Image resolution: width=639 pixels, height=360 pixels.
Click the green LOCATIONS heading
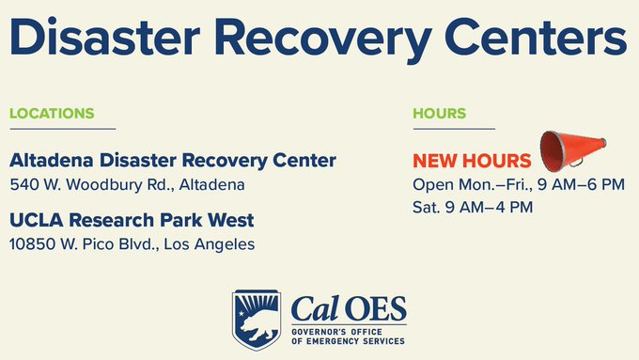(52, 114)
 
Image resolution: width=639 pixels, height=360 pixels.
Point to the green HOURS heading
(439, 114)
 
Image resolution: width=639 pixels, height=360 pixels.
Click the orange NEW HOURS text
(472, 161)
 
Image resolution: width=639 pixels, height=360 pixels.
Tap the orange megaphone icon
(571, 149)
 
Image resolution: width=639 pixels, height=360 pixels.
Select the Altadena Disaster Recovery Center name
(172, 161)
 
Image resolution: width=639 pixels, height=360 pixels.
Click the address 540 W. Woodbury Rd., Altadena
(127, 184)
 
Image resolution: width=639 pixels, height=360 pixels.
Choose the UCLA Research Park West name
(131, 220)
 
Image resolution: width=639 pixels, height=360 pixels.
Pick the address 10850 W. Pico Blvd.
(131, 244)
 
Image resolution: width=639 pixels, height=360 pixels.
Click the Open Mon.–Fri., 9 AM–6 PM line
(519, 184)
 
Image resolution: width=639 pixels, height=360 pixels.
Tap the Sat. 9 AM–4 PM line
(473, 206)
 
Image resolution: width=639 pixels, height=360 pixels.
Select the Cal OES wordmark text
(349, 308)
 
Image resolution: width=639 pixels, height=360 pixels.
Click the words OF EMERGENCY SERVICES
(349, 342)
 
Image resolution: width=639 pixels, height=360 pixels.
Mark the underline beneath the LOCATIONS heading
(62, 128)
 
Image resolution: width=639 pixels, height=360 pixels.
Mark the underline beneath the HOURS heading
(453, 128)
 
